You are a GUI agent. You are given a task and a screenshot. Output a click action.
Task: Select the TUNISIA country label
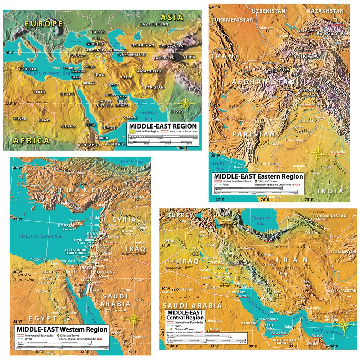point(28,69)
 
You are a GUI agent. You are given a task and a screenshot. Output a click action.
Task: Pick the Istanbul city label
point(53,160)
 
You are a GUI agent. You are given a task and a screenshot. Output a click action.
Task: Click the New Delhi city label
point(337,152)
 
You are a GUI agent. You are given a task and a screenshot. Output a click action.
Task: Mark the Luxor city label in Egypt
point(69,319)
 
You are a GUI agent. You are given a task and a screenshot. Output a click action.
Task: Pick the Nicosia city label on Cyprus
point(75,220)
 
